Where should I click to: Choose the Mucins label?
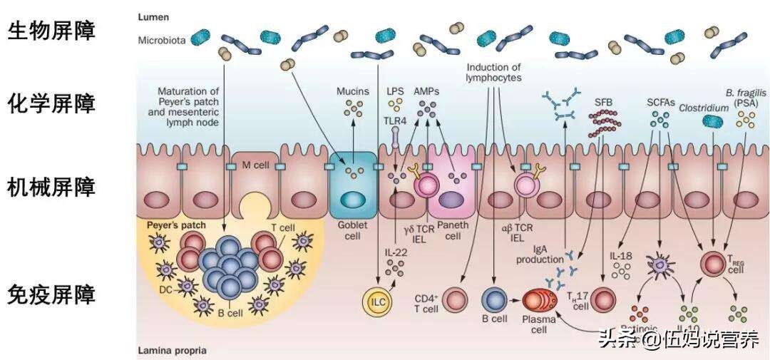(352, 91)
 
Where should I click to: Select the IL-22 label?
(394, 252)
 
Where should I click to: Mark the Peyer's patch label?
(176, 225)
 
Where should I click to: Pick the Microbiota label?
(163, 41)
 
